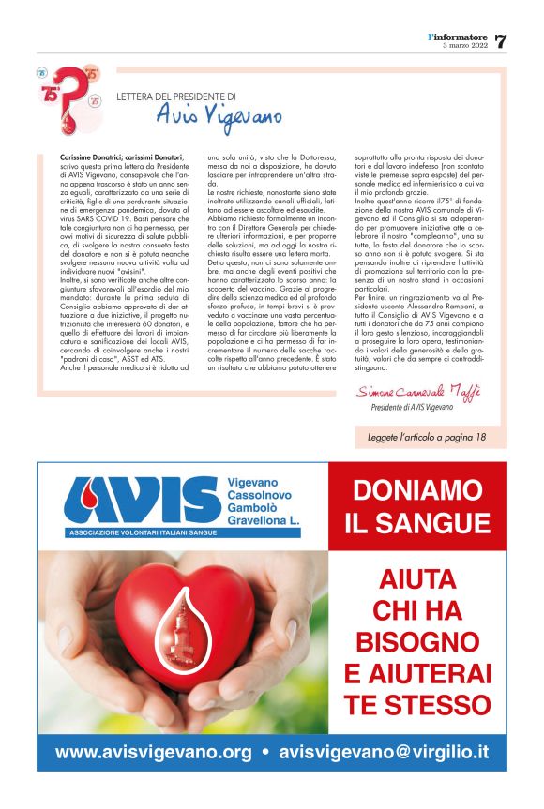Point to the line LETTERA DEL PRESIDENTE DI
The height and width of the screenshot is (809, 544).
click(175, 96)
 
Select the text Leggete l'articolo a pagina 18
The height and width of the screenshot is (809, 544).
click(426, 437)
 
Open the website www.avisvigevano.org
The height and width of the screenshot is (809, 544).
click(153, 753)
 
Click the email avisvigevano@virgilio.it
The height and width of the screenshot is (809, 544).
click(385, 753)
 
